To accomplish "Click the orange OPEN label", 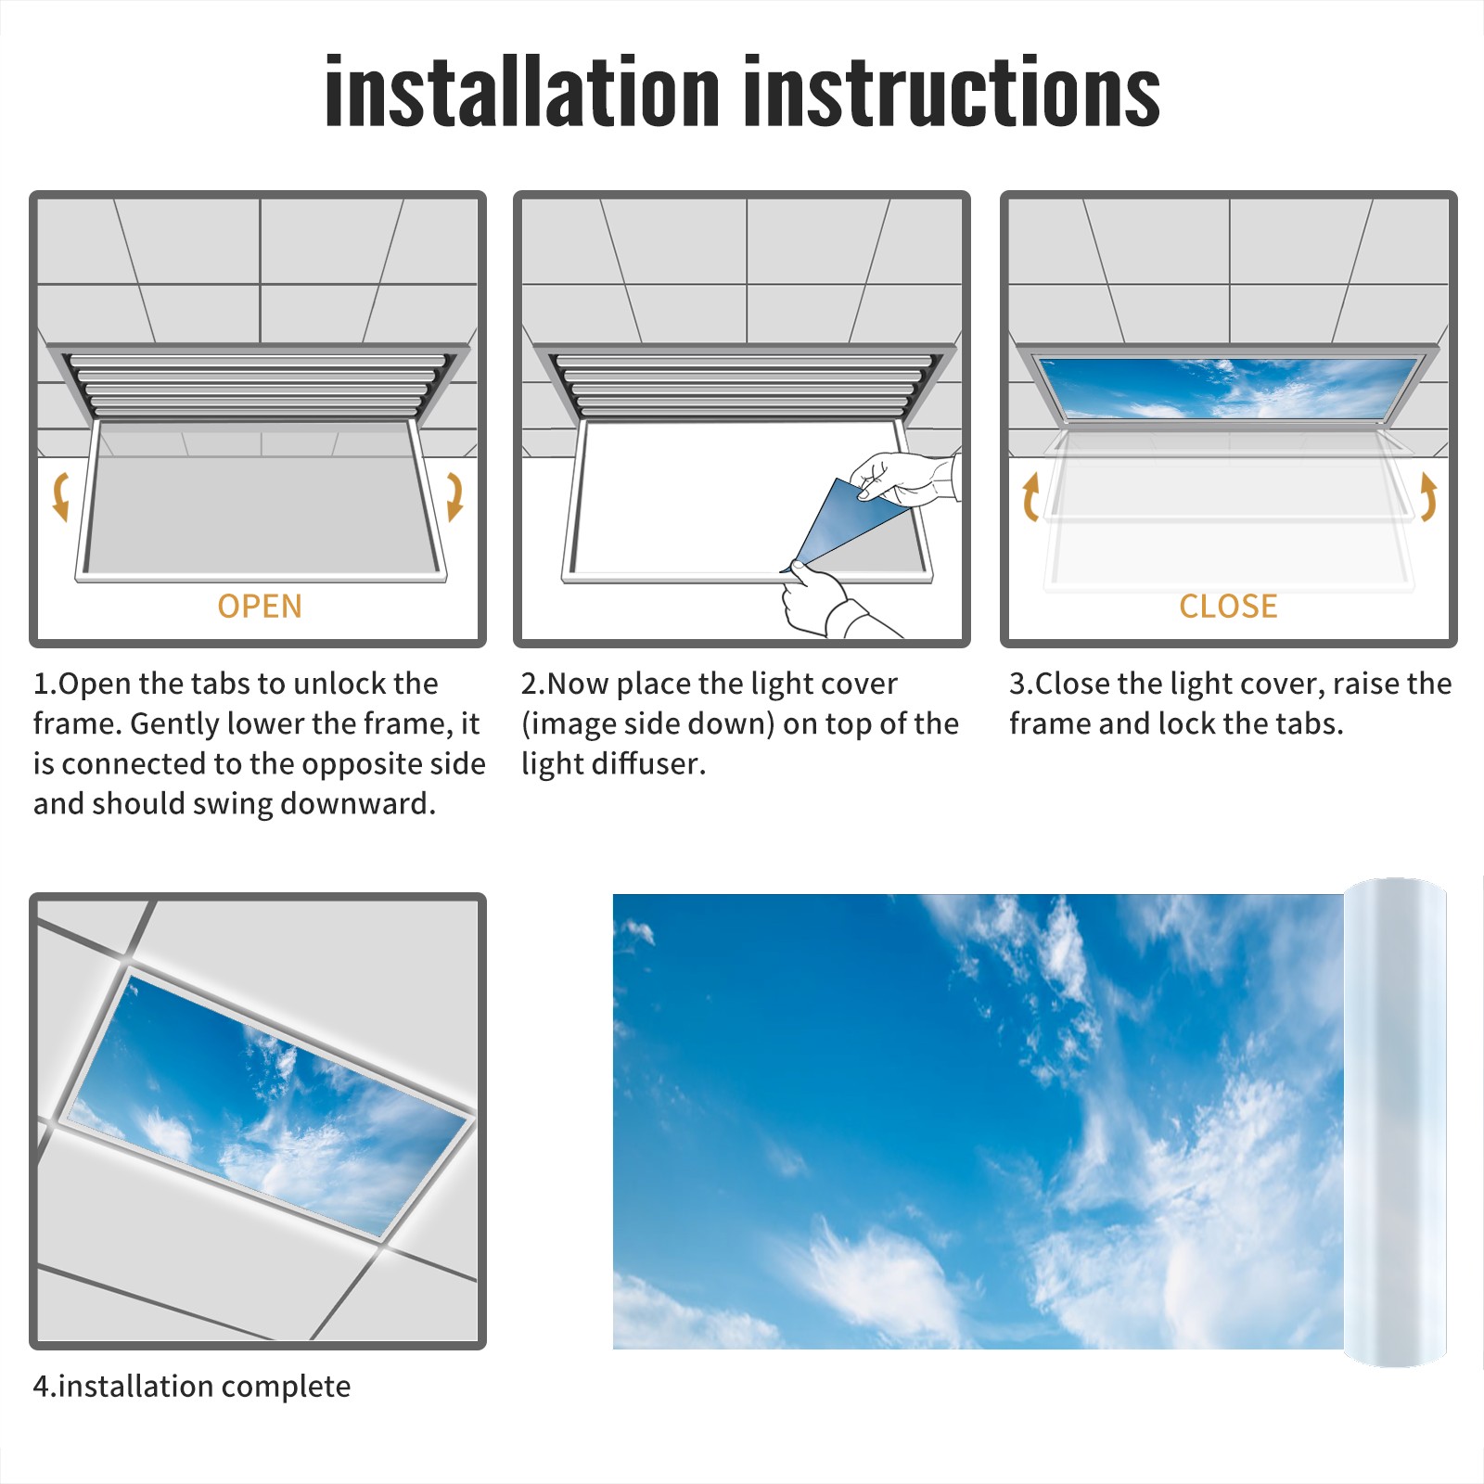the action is click(260, 607).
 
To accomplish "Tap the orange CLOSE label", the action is click(1228, 607).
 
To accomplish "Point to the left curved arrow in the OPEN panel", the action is click(59, 496).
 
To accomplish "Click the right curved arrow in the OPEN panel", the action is click(455, 496).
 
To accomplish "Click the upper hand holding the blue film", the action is click(904, 479).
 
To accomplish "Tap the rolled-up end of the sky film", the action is click(1395, 1122).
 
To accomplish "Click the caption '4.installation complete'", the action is click(192, 1387).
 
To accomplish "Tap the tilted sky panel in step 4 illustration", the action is click(269, 1104).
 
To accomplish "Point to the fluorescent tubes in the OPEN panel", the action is click(259, 385).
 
